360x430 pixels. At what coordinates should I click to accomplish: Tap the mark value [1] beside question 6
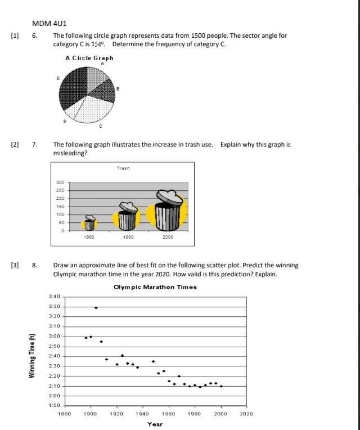(x=15, y=35)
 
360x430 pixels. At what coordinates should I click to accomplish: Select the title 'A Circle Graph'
(x=89, y=58)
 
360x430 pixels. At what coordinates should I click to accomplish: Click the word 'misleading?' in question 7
(x=70, y=153)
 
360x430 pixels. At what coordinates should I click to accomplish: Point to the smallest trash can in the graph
(x=89, y=223)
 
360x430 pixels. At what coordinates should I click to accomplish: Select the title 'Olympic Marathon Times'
(x=155, y=287)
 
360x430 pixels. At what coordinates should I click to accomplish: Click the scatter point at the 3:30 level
(x=96, y=308)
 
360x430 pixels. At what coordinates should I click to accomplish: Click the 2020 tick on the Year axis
(x=246, y=413)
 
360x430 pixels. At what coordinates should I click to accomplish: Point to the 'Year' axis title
(x=155, y=424)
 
